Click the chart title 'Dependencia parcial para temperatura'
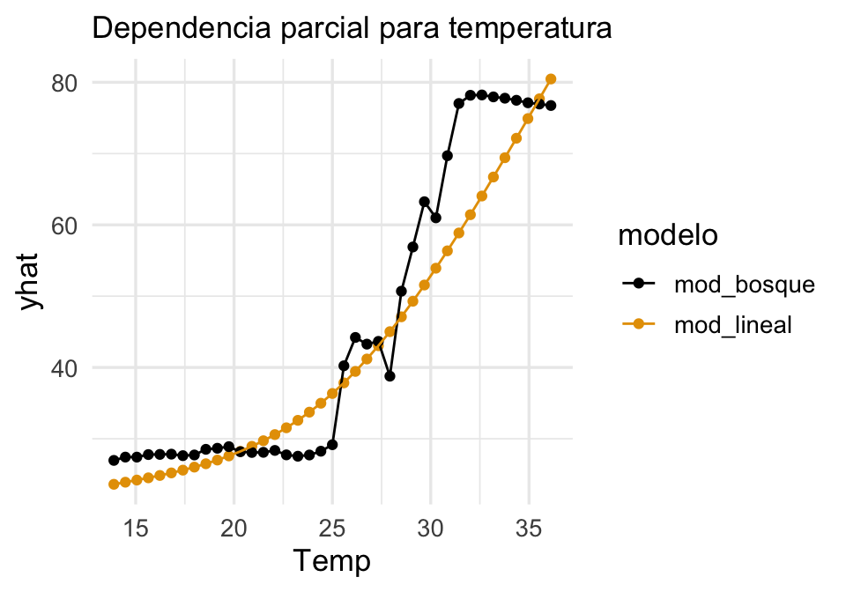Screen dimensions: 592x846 click(351, 29)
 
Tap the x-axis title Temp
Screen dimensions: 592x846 click(331, 560)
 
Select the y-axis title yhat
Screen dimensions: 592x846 click(33, 282)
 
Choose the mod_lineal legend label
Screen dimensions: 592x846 click(733, 324)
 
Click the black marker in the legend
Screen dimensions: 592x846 click(638, 284)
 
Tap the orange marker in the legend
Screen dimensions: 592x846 click(638, 324)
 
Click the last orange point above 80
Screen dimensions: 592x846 click(551, 79)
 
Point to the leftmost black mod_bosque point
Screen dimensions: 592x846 click(114, 461)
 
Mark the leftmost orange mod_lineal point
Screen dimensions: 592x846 click(114, 485)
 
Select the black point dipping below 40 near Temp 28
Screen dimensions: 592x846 click(390, 376)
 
